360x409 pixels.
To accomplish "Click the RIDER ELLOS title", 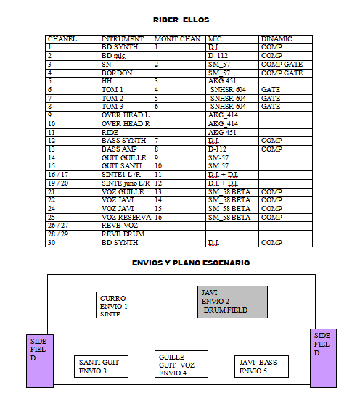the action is point(181,20).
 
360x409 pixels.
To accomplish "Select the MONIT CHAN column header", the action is point(178,39).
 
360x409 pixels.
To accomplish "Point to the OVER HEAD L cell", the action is point(126,115).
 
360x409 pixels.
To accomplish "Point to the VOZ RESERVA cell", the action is point(126,218).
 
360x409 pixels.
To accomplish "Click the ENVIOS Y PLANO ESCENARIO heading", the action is point(191,263).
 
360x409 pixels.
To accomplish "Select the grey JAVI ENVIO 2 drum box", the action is point(232,302).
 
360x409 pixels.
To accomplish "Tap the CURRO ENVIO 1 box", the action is point(126,305).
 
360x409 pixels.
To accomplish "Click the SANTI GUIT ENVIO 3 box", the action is point(101,366).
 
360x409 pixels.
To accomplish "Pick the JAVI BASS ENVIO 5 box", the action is point(261,366).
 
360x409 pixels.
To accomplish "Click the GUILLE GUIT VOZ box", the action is point(181,364).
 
